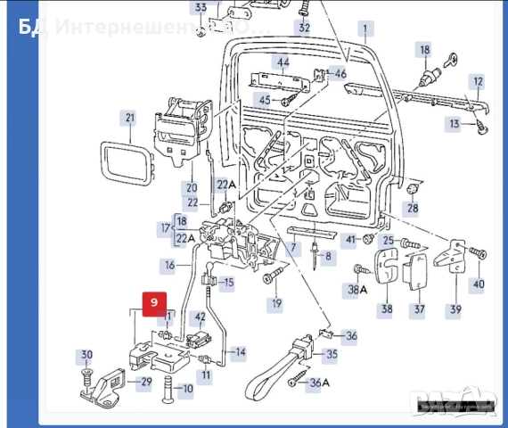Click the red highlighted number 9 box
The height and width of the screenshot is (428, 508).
coord(153,302)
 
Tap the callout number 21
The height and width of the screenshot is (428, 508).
coord(130,118)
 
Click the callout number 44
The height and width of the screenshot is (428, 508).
coord(283,62)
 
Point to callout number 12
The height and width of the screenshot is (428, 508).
coord(478,81)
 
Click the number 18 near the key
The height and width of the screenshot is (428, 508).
coord(424,50)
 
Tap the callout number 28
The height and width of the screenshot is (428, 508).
coord(412,209)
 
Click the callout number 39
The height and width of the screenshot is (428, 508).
coord(455,309)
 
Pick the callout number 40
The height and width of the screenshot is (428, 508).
coord(479,284)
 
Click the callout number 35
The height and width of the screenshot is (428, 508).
coord(332,354)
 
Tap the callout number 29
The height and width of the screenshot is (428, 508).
coord(145,382)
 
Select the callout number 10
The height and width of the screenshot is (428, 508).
coord(186,389)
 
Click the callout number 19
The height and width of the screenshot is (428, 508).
coord(276,304)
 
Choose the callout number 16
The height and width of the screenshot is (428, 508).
coord(169,265)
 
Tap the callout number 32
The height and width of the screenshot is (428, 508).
coord(304,28)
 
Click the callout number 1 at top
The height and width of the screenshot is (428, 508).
coord(364,29)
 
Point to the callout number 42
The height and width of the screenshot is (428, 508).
coord(201,317)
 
